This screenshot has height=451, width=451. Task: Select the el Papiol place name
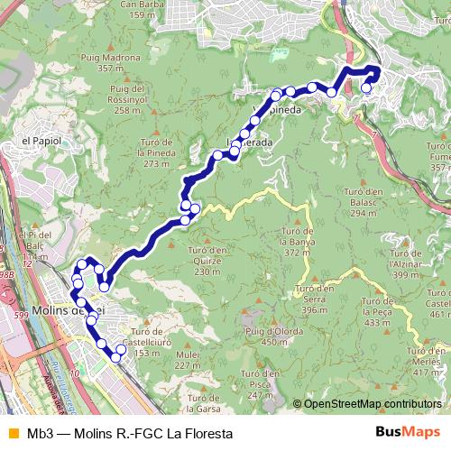click(x=40, y=142)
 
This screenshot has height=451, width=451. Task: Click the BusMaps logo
click(x=407, y=432)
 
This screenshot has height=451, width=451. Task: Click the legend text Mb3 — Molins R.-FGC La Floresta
click(x=130, y=433)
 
